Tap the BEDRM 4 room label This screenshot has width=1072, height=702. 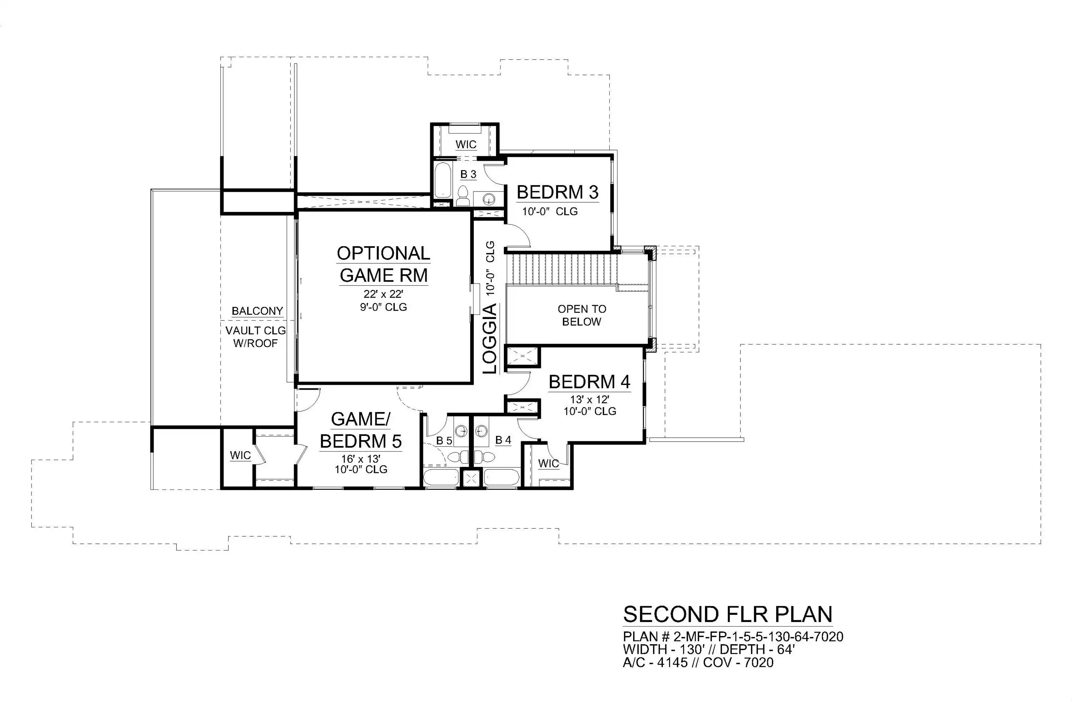(589, 382)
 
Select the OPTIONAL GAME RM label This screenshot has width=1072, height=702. (384, 264)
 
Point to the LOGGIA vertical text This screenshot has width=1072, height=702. (490, 338)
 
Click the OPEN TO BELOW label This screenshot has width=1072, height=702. (582, 315)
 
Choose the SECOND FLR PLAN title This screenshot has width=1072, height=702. (728, 614)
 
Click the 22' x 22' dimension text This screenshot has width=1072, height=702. (383, 294)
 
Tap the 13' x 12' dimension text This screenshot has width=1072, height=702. (590, 399)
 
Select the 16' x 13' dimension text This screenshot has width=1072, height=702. (361, 459)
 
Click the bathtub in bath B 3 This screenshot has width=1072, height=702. (442, 180)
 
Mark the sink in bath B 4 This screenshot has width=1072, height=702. (481, 431)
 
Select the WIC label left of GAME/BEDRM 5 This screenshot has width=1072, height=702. (240, 455)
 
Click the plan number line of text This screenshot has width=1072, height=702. (733, 637)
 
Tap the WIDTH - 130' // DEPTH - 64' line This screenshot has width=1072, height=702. (709, 649)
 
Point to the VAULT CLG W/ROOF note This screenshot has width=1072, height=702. (255, 337)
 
